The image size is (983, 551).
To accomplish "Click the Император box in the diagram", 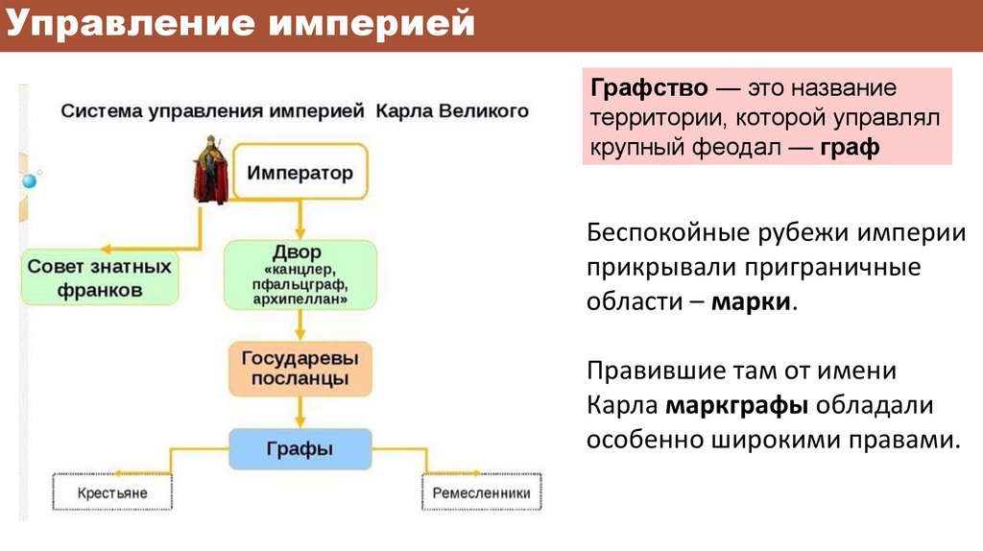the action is point(300,173).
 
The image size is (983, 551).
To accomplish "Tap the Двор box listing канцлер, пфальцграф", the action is point(300,275).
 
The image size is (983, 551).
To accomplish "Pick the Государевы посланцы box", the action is point(299,368).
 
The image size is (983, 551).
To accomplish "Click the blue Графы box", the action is point(300,448).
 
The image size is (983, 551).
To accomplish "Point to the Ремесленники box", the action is point(481,494).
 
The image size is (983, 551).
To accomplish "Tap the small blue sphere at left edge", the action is point(29,180).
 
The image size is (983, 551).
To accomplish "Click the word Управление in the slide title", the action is point(129,24).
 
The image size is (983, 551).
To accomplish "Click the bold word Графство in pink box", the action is point(650,89).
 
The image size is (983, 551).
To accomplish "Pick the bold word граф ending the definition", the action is point(850,149).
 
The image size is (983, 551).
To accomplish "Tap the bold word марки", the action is point(753,300).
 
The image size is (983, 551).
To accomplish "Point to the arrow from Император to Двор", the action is point(300,220).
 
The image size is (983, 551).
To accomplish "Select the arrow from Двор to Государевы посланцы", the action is point(300,324).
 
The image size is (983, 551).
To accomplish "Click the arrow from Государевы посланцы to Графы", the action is point(300,412).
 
